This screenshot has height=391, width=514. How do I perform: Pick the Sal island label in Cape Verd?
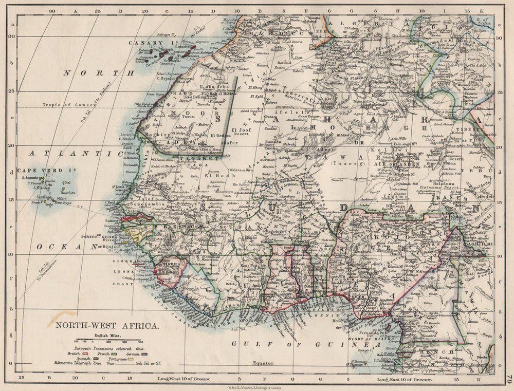(67, 182)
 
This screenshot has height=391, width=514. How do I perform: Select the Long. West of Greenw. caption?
(185, 379)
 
